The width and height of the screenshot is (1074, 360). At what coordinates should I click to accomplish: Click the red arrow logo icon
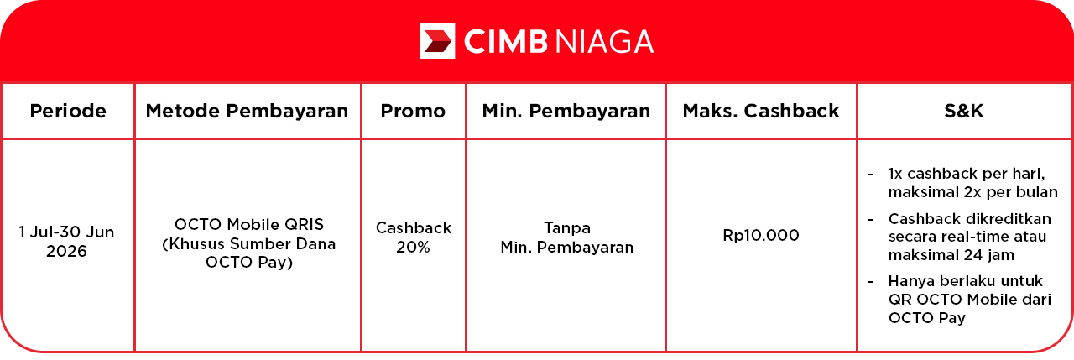(x=437, y=41)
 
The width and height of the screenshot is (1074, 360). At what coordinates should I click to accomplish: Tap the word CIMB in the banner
(x=506, y=41)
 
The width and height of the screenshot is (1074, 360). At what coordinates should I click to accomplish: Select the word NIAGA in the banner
(x=605, y=41)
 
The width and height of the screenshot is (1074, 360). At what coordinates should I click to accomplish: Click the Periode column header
(x=68, y=112)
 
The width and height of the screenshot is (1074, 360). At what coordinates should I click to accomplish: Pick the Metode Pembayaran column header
(x=247, y=112)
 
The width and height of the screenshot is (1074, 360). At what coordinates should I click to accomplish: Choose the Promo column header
(x=413, y=112)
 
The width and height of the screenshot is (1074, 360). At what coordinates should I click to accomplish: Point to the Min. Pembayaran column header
(x=566, y=112)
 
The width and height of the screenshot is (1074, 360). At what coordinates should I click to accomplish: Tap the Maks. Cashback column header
(x=761, y=112)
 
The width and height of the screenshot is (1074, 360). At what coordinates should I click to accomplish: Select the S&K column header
(x=964, y=112)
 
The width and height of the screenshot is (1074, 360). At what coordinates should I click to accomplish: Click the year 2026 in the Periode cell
(x=66, y=251)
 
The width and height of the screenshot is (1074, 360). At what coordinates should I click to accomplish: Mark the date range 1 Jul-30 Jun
(x=66, y=232)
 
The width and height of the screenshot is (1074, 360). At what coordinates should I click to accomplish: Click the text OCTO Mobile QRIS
(x=249, y=224)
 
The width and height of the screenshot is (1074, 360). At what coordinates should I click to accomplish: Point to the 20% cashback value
(x=413, y=247)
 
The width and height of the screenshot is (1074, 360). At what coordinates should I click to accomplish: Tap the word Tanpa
(x=567, y=227)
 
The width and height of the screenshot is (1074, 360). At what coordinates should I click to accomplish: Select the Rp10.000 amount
(x=761, y=235)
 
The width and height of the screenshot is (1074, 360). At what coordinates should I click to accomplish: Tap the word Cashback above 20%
(x=414, y=227)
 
